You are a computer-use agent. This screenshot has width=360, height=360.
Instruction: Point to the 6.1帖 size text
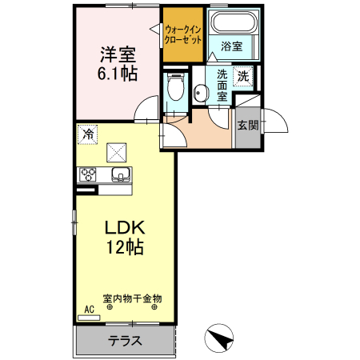[x=117, y=74]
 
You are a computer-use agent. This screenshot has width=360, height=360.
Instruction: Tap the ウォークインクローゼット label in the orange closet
[x=182, y=34]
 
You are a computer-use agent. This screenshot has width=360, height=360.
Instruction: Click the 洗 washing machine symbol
[x=243, y=76]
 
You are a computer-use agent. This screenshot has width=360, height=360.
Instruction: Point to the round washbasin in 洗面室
[x=199, y=94]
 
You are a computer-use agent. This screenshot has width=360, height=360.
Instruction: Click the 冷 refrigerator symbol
[x=87, y=134]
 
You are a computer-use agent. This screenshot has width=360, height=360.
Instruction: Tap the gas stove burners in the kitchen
[x=87, y=174]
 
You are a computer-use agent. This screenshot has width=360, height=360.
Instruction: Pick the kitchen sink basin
[x=120, y=175]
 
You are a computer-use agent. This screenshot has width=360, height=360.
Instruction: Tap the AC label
[x=88, y=309]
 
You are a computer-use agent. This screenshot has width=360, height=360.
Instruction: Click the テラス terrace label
[x=125, y=341]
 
